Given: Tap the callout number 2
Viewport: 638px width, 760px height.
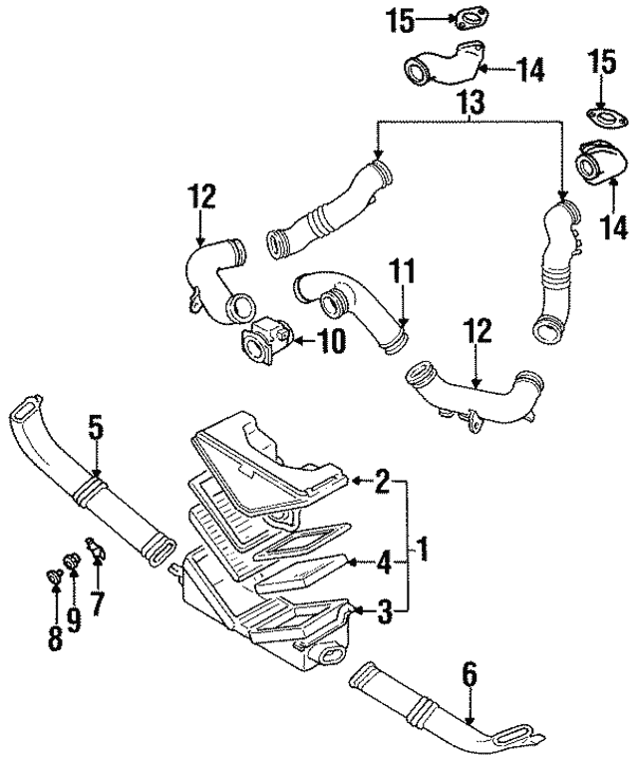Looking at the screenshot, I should pos(381,483).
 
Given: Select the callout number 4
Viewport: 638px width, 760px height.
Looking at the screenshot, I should pos(382,564).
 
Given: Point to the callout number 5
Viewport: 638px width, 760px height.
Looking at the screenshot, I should pos(95,429).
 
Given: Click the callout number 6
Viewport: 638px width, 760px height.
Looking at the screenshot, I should pos(470,676).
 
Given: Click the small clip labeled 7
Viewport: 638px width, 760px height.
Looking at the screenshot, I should pos(96,549).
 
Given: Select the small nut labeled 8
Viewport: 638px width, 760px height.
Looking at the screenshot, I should pos(54,576).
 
